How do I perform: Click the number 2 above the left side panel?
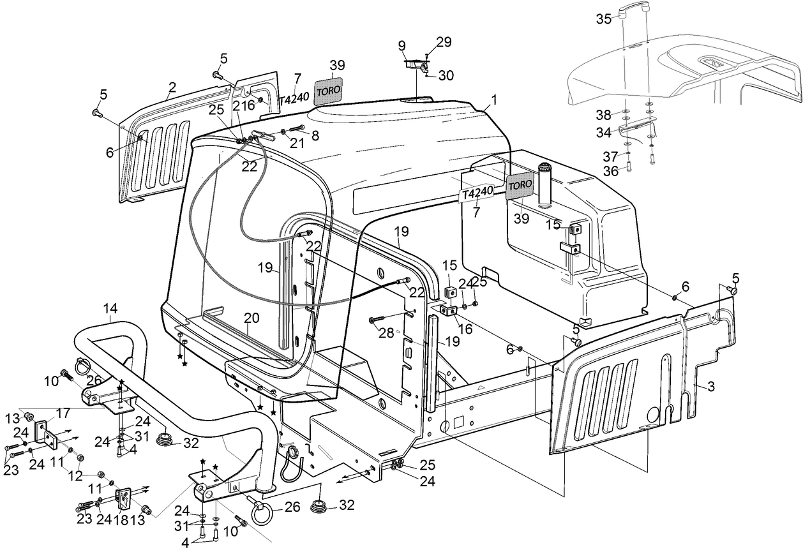point(172,87)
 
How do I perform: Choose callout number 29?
point(444,43)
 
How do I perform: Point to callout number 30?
point(446,75)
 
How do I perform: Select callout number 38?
point(604,116)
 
